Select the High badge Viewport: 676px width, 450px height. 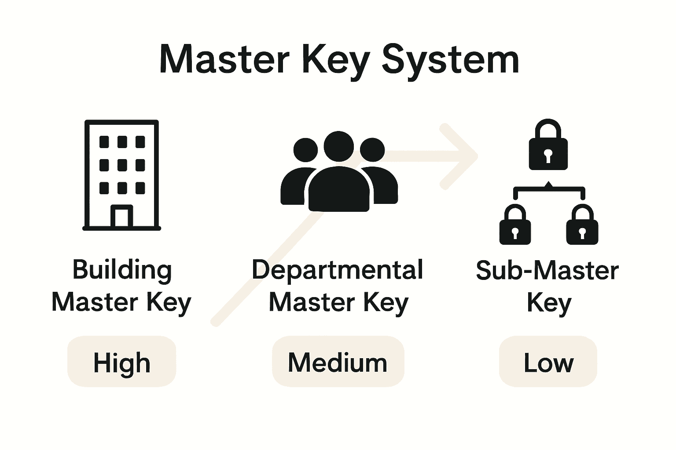click(121, 362)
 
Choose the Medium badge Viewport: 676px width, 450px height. click(338, 362)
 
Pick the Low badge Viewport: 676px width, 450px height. click(548, 362)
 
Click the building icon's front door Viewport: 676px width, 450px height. click(121, 217)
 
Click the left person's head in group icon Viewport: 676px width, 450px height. click(305, 151)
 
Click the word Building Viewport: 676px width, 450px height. click(122, 270)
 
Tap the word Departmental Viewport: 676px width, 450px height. click(337, 270)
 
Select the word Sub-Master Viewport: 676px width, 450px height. click(547, 270)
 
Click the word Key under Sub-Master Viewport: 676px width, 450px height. click(549, 303)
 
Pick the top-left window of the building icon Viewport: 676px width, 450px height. click(104, 142)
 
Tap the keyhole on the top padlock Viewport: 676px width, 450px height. click(548, 155)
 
